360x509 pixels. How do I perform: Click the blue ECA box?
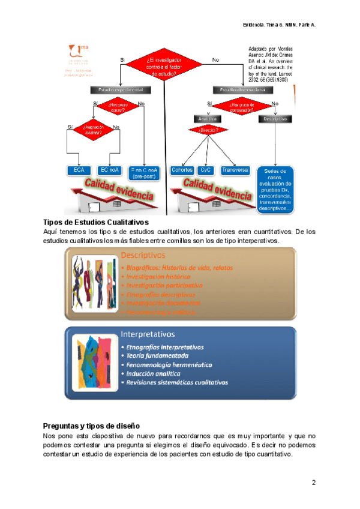tap(79, 170)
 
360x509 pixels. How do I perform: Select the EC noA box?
tap(109, 170)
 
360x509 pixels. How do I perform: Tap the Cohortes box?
tap(182, 170)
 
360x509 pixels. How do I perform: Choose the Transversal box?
tap(235, 170)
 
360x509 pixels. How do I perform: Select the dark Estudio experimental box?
tap(121, 90)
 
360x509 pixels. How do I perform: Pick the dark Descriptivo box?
tap(275, 119)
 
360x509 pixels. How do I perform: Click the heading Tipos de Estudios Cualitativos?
tap(96, 223)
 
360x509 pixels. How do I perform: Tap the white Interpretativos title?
tap(147, 334)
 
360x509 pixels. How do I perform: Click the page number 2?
tap(313, 483)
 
